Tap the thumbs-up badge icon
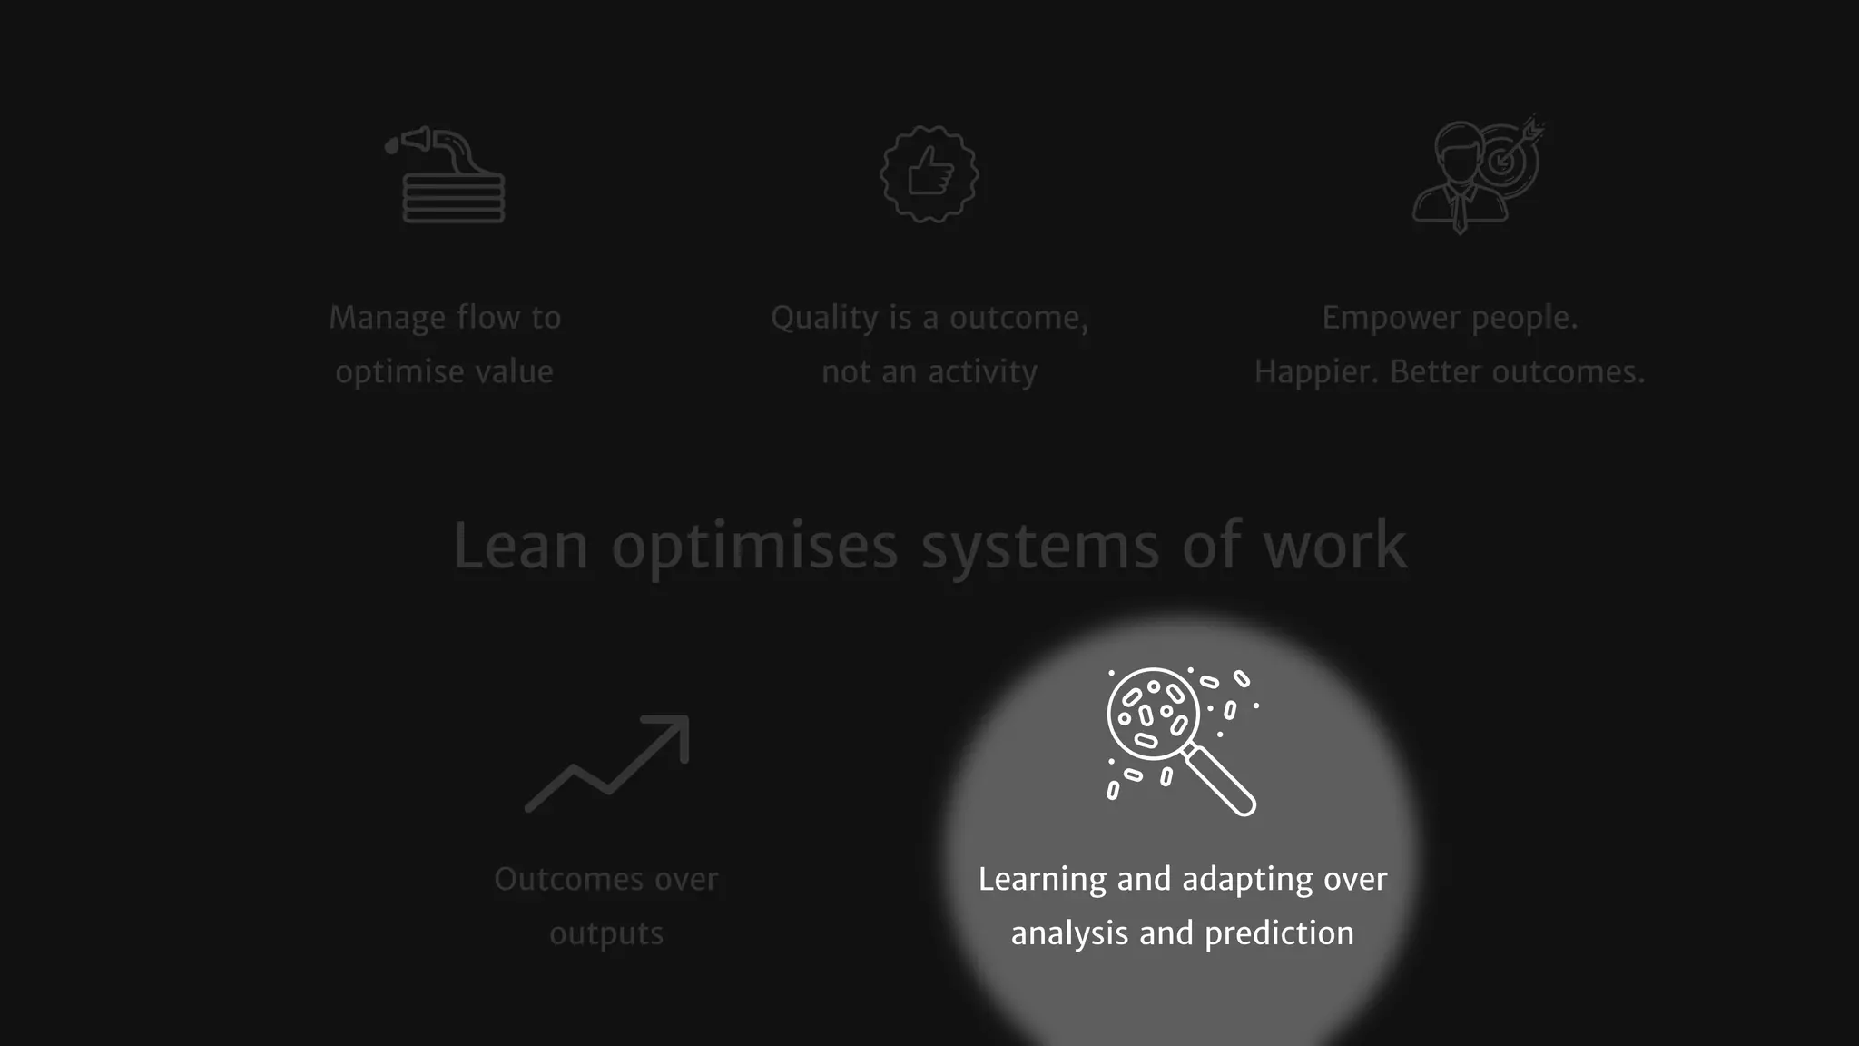[929, 173]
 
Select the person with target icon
[1476, 175]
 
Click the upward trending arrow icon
[607, 763]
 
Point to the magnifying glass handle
[1222, 781]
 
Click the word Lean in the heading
[520, 547]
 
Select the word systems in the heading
[1039, 547]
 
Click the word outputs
[606, 934]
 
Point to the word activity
[982, 372]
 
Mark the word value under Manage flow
[514, 372]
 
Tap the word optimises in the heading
[754, 547]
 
